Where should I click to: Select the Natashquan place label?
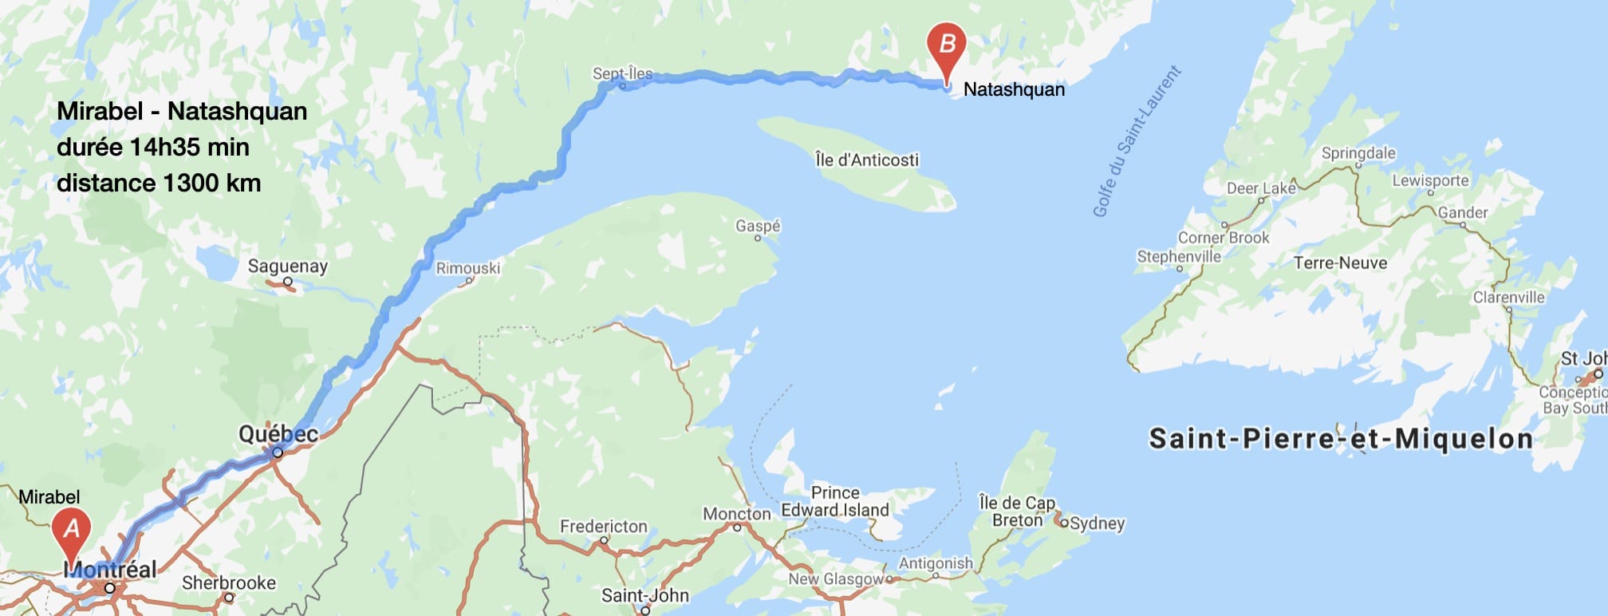pos(1014,89)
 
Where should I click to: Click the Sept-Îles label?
pos(622,73)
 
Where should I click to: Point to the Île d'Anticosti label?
pos(867,160)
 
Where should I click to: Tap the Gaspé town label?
pos(758,226)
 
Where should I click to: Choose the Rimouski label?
pos(468,268)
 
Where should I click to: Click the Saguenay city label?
pos(287,266)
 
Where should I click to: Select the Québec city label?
pos(278,434)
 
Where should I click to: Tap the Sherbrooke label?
pos(229,582)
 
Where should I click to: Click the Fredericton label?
pos(604,526)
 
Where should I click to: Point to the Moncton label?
pos(736,514)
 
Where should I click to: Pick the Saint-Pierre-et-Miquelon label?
pos(1340,439)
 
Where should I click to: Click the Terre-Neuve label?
pos(1340,263)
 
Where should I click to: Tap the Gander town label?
pos(1463,212)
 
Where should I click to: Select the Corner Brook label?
pos(1224,238)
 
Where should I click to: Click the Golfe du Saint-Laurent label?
pos(1136,142)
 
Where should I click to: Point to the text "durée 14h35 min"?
pos(153,147)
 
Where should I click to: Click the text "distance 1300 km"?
pos(159,183)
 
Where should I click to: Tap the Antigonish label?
pos(936,563)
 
